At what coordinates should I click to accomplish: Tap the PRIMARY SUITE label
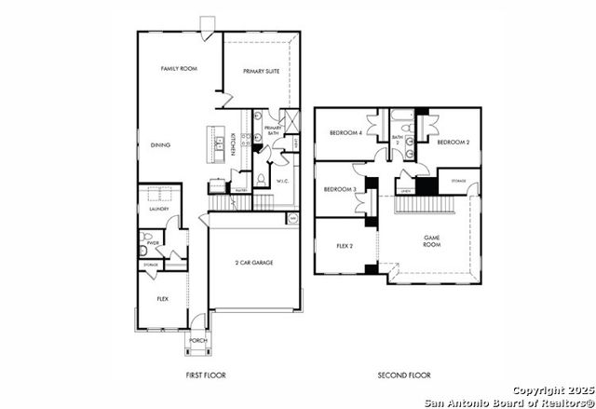(x=261, y=71)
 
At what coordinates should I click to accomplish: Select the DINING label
(x=160, y=145)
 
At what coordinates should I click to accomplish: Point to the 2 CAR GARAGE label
(x=253, y=264)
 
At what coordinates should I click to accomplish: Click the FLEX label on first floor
(x=162, y=300)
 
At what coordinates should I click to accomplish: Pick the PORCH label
(x=197, y=341)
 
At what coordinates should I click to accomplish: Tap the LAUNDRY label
(x=157, y=209)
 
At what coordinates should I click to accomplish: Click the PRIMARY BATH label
(x=273, y=130)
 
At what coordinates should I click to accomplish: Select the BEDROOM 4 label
(x=345, y=132)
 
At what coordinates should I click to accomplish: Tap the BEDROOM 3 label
(x=340, y=190)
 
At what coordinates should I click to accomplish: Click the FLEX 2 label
(x=344, y=247)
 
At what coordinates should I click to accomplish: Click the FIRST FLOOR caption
(x=207, y=375)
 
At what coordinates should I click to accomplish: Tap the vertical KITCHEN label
(x=231, y=147)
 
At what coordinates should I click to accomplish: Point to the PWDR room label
(x=152, y=243)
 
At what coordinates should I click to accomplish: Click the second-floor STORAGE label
(x=458, y=180)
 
